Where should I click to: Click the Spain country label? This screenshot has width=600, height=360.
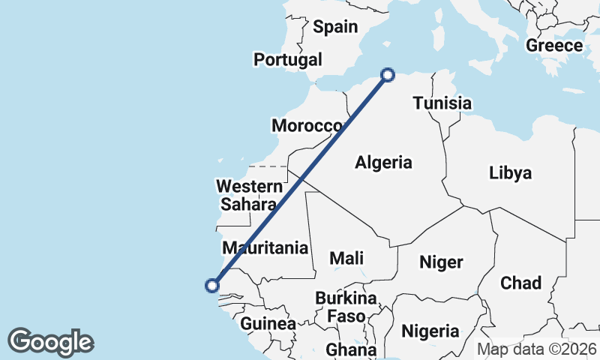335,27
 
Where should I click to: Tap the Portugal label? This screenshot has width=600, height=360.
288,60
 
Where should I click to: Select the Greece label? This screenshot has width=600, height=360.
553,46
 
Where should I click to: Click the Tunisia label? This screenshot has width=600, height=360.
442,103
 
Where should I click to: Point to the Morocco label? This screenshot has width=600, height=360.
307,126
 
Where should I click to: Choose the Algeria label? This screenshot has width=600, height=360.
383,162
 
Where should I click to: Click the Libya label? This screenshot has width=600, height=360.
510,173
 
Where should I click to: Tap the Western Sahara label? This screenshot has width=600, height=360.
247,194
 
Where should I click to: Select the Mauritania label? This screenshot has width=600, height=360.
265,247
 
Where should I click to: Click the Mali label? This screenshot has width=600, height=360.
346,258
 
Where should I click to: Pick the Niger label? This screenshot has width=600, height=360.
440,262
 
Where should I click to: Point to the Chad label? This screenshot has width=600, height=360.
520,283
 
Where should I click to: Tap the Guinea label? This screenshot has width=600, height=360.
268,324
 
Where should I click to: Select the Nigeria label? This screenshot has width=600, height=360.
430,331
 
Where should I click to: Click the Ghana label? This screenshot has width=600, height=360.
350,349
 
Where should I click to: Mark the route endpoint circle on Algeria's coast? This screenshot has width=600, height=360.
388,74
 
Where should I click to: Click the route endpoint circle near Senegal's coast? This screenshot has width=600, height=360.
212,285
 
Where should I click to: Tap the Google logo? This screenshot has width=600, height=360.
50,341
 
